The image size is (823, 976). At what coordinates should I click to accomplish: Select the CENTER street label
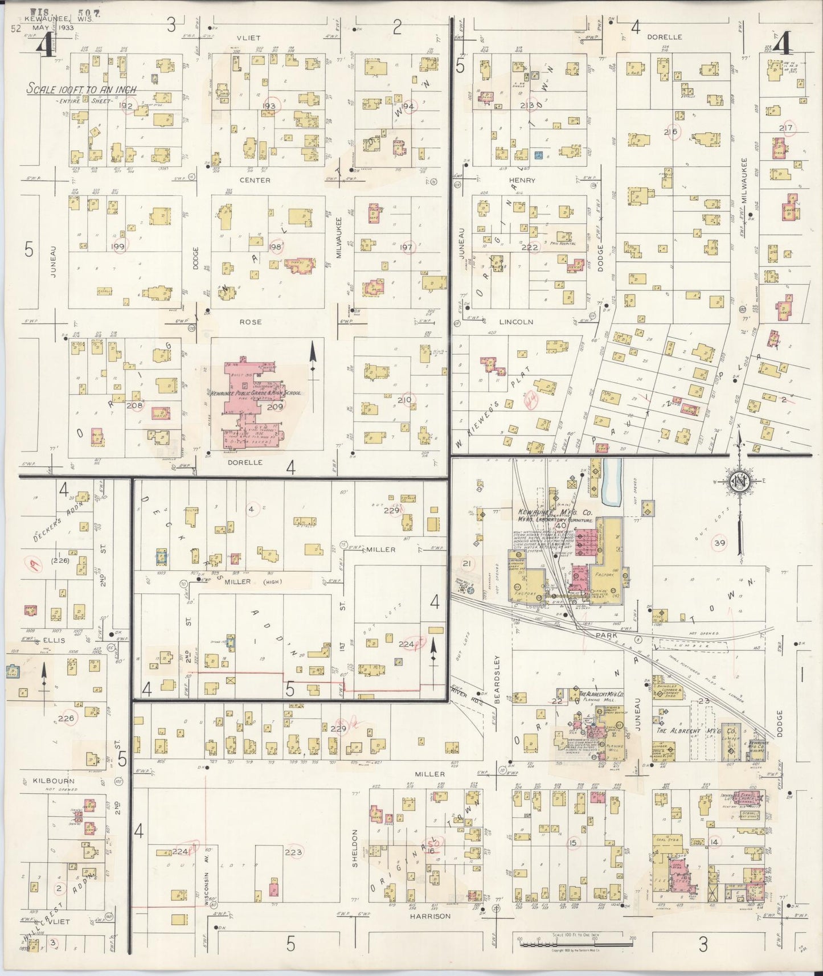[x=255, y=181]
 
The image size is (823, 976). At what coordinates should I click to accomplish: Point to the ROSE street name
[x=250, y=322]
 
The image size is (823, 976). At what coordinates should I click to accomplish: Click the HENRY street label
[x=522, y=181]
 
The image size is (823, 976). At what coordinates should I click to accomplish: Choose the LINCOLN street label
[x=516, y=322]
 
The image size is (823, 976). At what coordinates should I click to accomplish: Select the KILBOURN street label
[x=54, y=781]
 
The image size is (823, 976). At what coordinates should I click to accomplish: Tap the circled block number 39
[x=720, y=543]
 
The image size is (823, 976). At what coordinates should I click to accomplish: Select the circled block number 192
[x=126, y=106]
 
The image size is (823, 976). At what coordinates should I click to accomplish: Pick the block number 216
[x=670, y=132]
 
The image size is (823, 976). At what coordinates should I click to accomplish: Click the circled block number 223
[x=293, y=852]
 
